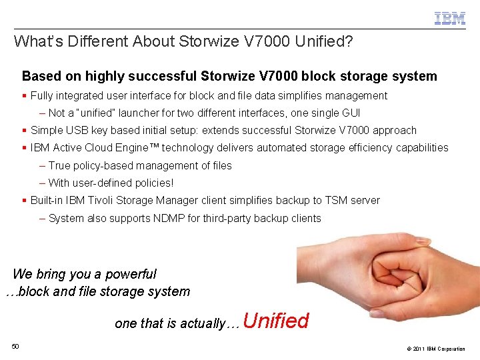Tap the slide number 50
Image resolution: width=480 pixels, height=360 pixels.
click(15, 345)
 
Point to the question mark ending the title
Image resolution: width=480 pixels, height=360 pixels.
click(348, 41)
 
